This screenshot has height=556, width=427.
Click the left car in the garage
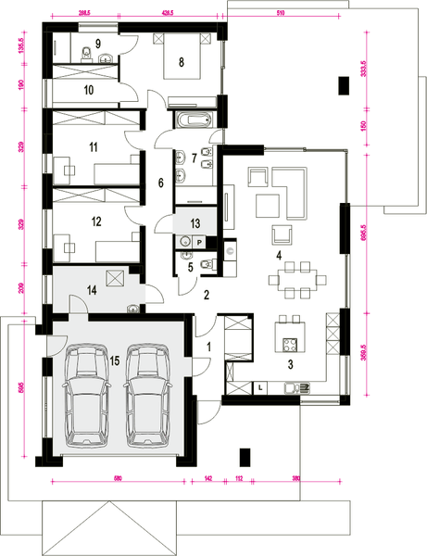tap(83, 394)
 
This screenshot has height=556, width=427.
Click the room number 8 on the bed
tap(182, 62)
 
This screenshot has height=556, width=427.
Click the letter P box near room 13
tap(198, 239)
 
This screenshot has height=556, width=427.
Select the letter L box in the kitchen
tap(262, 385)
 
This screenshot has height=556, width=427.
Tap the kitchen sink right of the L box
tap(297, 387)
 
